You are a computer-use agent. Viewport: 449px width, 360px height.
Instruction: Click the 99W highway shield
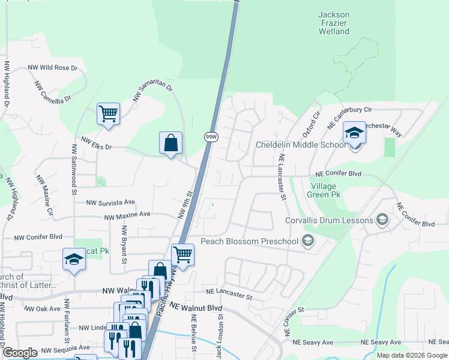point(211,137)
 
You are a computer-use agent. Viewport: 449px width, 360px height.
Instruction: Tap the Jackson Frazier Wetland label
point(334,23)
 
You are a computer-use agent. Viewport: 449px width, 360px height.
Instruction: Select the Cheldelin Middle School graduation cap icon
point(354,133)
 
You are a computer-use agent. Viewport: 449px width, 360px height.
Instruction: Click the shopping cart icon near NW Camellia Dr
point(108,113)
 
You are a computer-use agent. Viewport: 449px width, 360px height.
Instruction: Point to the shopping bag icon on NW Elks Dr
point(171,143)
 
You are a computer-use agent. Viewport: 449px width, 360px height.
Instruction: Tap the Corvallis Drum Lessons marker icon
point(381,220)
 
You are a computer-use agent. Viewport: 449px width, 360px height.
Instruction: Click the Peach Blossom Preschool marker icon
point(308,241)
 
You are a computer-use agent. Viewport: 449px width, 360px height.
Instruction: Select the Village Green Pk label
point(325,191)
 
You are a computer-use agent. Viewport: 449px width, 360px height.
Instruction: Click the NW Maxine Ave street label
point(127,215)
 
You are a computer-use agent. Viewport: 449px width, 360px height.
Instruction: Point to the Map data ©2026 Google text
point(412,355)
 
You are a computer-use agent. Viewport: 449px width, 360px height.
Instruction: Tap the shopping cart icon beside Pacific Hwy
point(182,253)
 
